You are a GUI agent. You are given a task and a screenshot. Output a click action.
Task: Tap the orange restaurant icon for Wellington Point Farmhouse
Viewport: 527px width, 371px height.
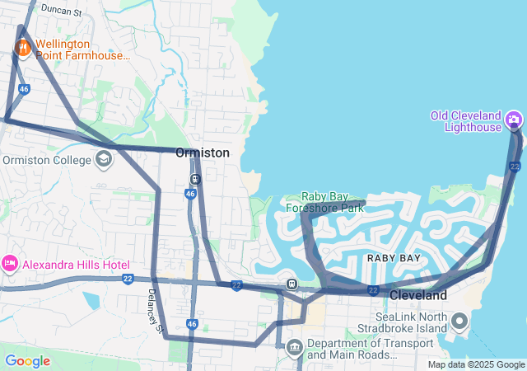tap(22, 49)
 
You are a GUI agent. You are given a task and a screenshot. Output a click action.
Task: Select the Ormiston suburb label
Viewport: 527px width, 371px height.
tap(202, 153)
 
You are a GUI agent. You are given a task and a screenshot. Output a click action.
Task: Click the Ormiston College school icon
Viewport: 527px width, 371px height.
tap(103, 160)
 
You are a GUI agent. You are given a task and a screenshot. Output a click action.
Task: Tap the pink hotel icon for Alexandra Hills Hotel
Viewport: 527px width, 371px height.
tap(10, 265)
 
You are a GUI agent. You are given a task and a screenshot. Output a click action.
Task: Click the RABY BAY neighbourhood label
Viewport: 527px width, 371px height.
tap(394, 258)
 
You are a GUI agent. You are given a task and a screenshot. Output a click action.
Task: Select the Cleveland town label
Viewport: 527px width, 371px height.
tap(417, 294)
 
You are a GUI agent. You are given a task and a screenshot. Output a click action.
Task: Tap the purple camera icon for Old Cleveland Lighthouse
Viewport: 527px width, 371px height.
tap(514, 120)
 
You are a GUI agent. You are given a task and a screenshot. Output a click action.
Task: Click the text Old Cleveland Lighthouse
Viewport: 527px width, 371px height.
tap(472, 121)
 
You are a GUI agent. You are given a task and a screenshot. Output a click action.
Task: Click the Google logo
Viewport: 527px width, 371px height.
tap(27, 360)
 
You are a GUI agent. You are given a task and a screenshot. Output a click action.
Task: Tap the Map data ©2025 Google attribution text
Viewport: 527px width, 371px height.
tap(476, 364)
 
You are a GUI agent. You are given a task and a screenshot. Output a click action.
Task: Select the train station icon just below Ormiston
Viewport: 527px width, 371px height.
tap(195, 179)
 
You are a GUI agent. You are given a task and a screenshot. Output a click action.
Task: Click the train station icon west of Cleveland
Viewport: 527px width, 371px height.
tap(291, 284)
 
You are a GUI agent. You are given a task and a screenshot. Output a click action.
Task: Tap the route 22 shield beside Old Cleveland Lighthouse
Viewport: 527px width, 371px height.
tap(515, 167)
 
